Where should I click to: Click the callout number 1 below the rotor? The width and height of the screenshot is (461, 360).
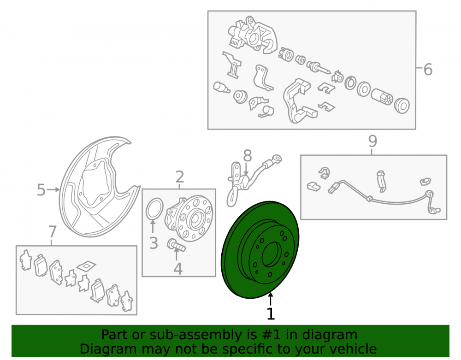[x=271, y=313]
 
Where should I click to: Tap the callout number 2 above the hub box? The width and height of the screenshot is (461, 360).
[x=180, y=177]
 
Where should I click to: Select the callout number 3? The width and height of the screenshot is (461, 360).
[x=154, y=243]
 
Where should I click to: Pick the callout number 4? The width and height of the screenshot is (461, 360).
[x=178, y=269]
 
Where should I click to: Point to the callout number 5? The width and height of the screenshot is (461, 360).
[x=41, y=190]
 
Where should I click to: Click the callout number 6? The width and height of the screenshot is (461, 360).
[x=428, y=70]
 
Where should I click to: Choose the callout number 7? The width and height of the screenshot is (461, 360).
[x=53, y=232]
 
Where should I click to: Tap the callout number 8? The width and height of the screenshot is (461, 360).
[x=248, y=156]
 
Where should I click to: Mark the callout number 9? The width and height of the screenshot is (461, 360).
[x=372, y=142]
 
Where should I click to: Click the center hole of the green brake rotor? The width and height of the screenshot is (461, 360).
[x=272, y=254]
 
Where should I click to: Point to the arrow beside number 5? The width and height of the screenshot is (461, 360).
[x=53, y=190]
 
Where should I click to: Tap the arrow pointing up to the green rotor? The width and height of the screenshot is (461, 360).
[x=271, y=299]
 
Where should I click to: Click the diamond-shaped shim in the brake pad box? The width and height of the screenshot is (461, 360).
[x=87, y=266]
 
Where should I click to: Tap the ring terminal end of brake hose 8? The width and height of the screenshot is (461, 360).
[x=277, y=159]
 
